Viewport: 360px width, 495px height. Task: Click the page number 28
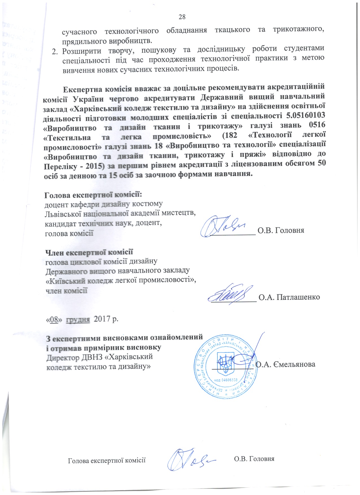pos(182,17)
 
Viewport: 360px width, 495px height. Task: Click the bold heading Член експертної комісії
pos(89,252)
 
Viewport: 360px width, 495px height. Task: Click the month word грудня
pos(78,319)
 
